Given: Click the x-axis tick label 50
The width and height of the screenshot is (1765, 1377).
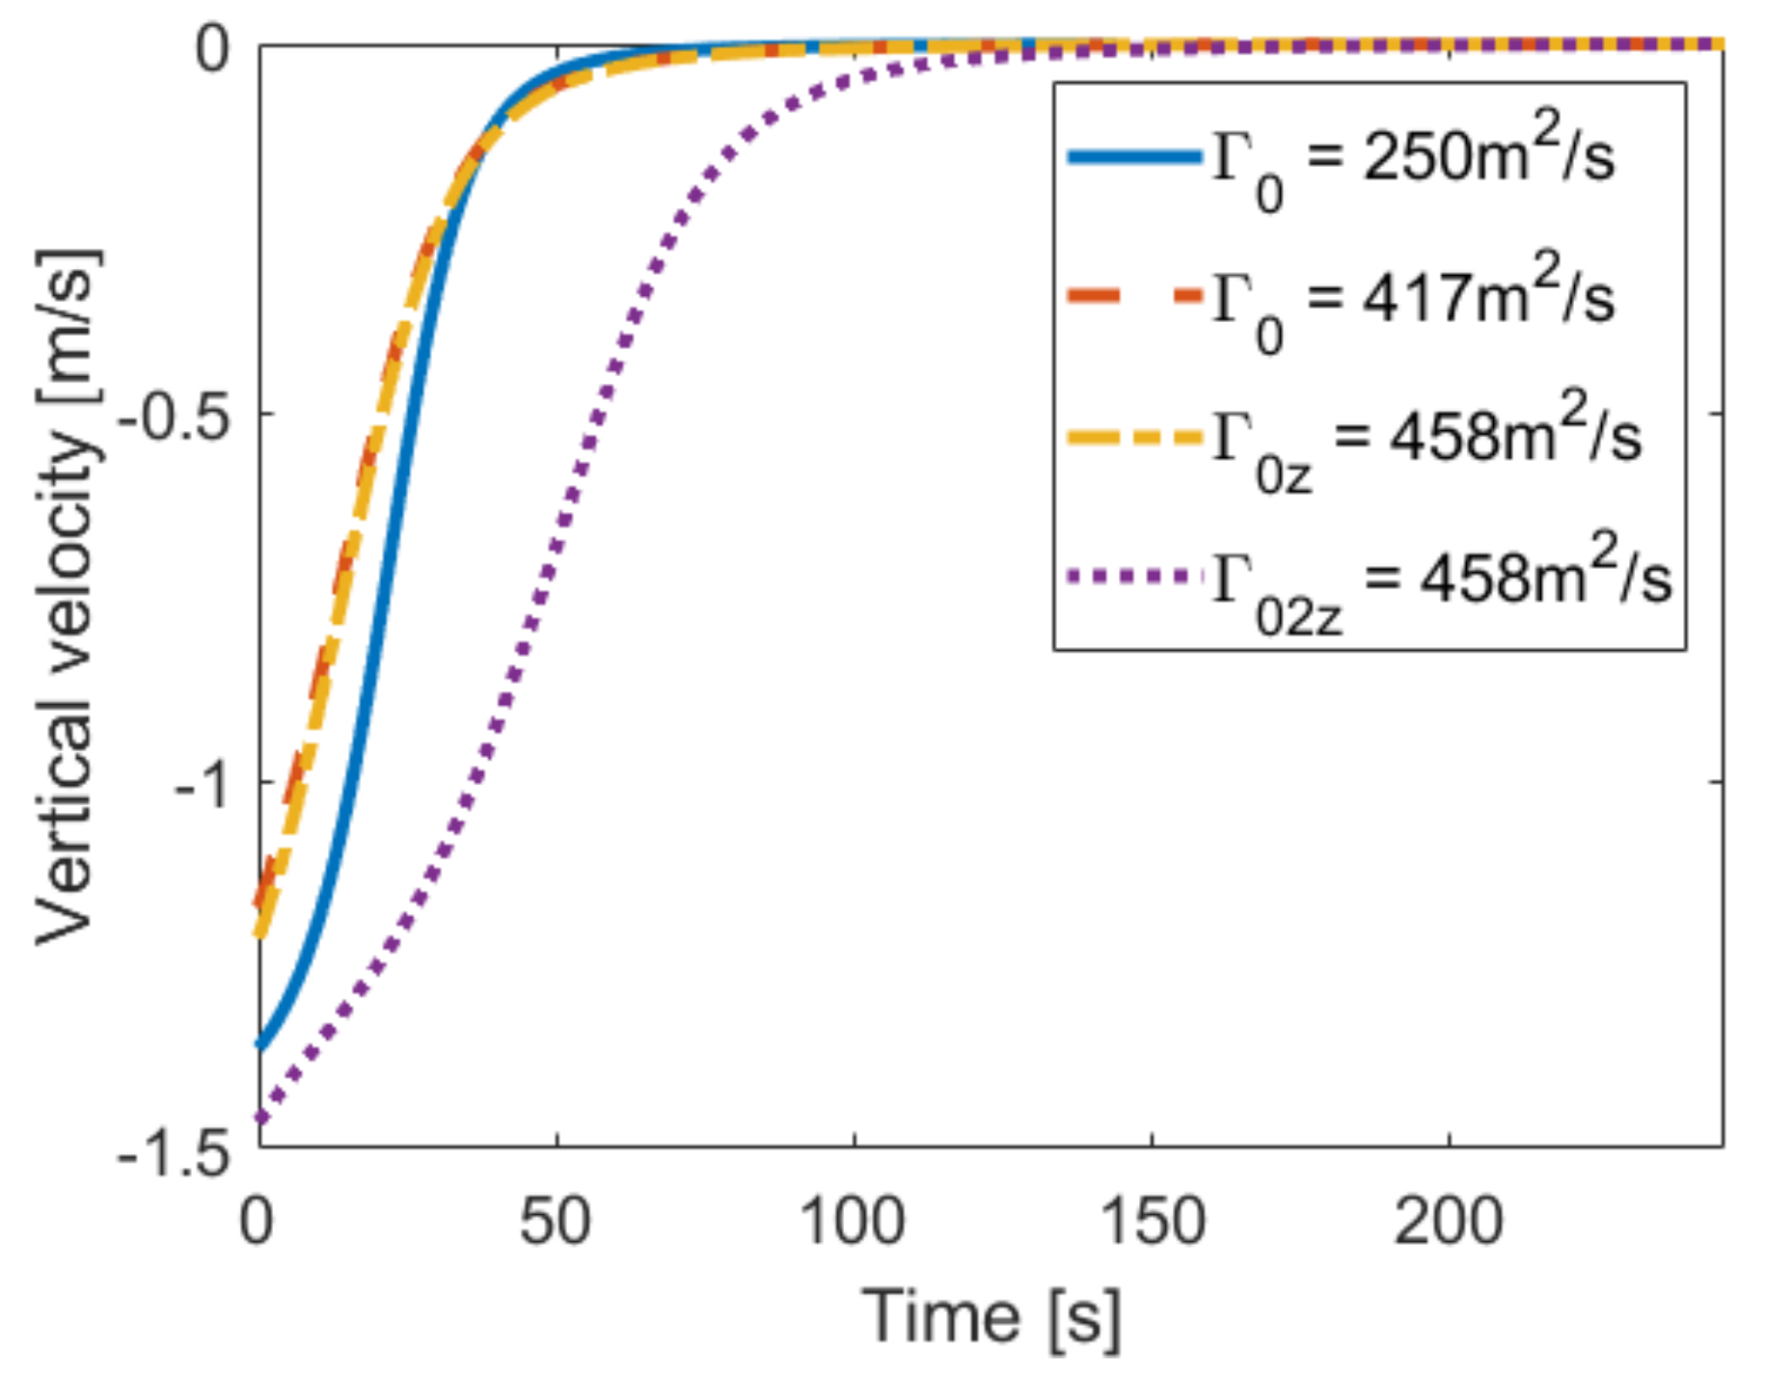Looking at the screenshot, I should [556, 1221].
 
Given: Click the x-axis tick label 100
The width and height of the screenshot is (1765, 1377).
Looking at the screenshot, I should [853, 1221].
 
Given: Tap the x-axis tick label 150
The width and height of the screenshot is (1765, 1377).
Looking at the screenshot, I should [1153, 1221].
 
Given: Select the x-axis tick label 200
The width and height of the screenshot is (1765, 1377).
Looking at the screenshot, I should [1449, 1221].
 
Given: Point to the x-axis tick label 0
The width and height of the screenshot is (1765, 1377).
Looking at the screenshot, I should [257, 1221].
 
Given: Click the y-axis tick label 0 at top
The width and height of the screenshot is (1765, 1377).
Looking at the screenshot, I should [212, 48].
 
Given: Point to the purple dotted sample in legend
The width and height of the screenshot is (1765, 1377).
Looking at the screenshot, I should [1134, 578].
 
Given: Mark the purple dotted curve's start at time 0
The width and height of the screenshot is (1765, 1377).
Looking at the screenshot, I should [260, 1118].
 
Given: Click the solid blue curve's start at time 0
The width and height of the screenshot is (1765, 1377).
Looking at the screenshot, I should [260, 1043].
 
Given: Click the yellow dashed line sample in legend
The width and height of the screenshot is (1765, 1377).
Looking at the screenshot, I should [1134, 438].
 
